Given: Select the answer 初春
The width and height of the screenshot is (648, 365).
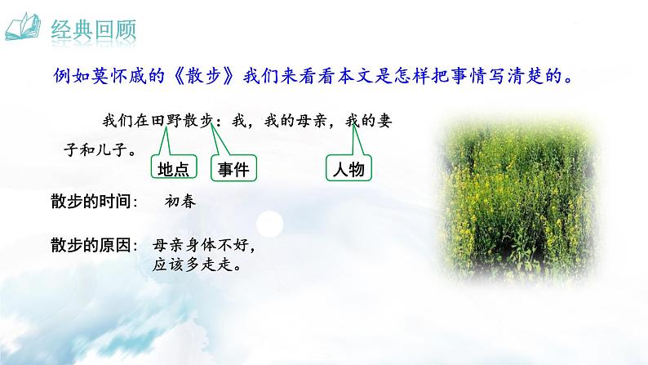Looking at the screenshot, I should [x=180, y=202].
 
